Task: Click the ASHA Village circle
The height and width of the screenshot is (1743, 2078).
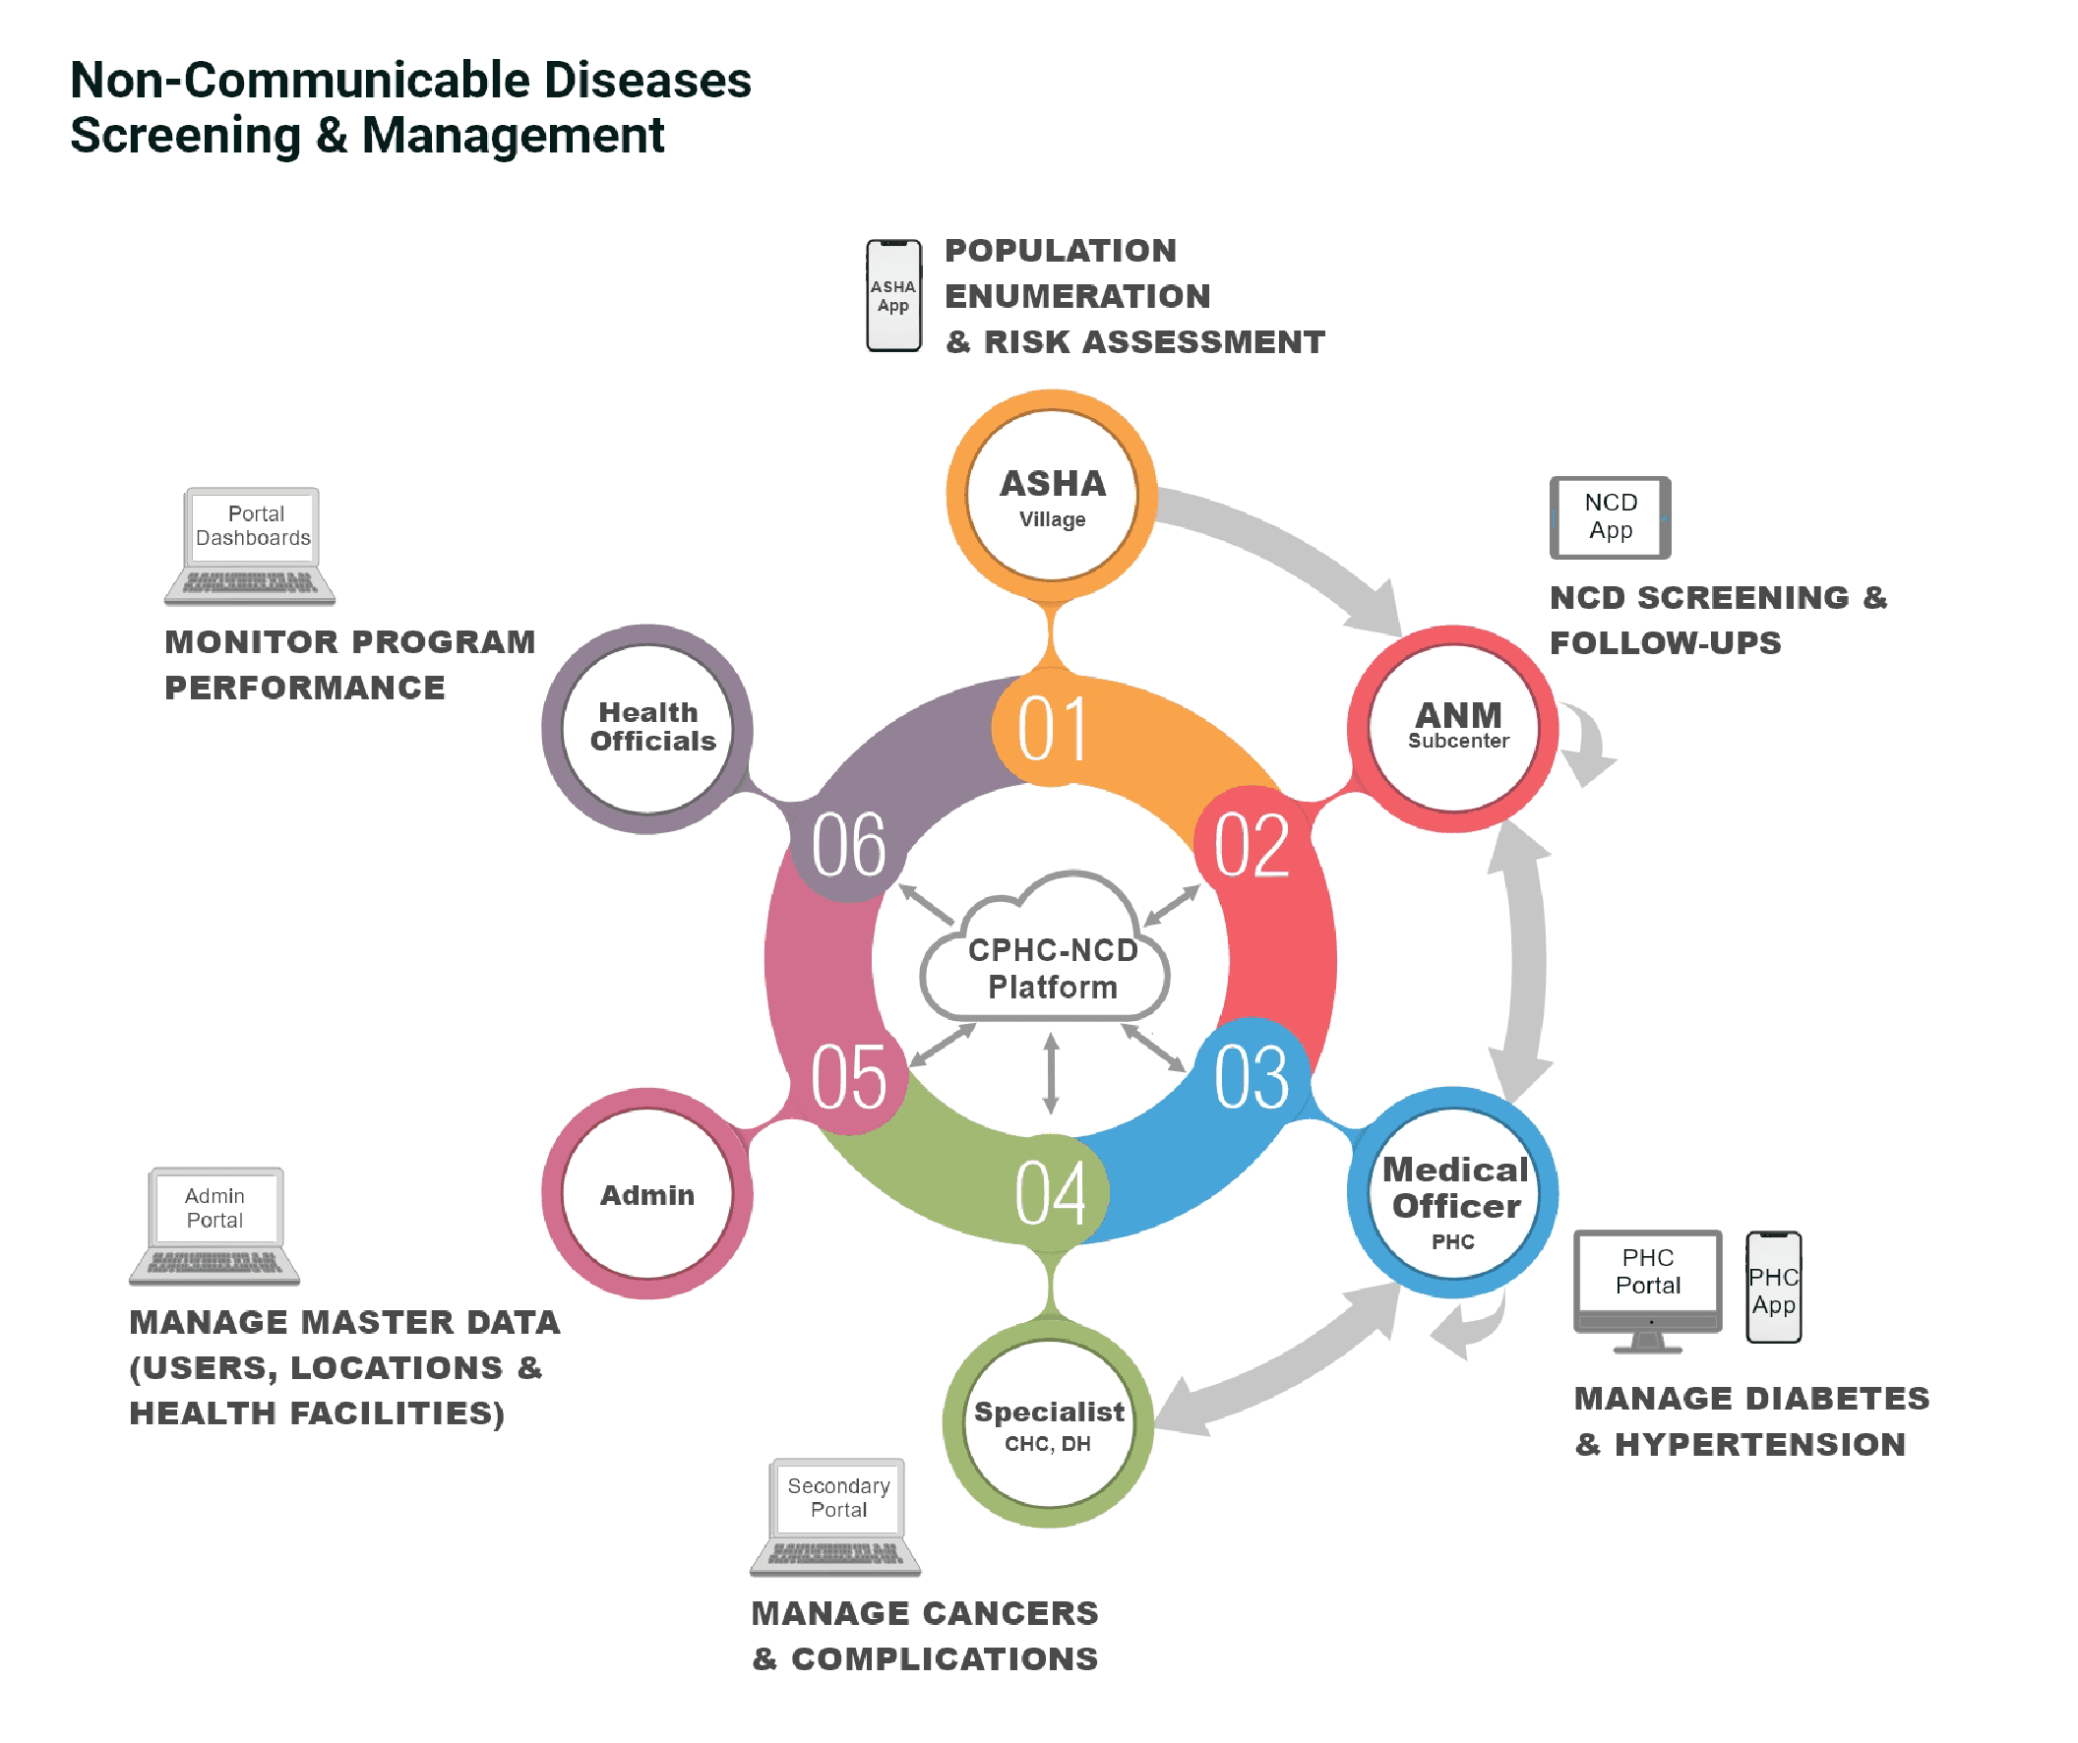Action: pos(1052,496)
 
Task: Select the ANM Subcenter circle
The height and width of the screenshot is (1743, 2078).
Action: pos(1453,729)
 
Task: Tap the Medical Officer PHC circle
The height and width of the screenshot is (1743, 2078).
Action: pos(1453,1193)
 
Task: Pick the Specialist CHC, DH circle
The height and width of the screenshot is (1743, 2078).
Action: pos(1049,1424)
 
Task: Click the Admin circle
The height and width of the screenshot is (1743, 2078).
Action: pos(647,1194)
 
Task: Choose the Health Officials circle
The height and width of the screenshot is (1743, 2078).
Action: pos(648,729)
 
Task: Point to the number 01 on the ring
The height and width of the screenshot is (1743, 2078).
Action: pos(1052,729)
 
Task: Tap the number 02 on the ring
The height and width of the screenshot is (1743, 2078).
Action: pos(1252,846)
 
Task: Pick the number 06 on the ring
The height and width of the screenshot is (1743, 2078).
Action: pos(848,846)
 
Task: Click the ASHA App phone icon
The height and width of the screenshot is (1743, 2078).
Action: pos(893,296)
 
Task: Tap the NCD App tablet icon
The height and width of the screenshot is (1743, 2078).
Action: pos(1610,517)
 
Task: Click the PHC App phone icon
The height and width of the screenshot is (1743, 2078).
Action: pos(1773,1287)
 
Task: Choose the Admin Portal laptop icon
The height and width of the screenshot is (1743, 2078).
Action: pos(214,1225)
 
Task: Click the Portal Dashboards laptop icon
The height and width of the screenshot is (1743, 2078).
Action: pos(251,544)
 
